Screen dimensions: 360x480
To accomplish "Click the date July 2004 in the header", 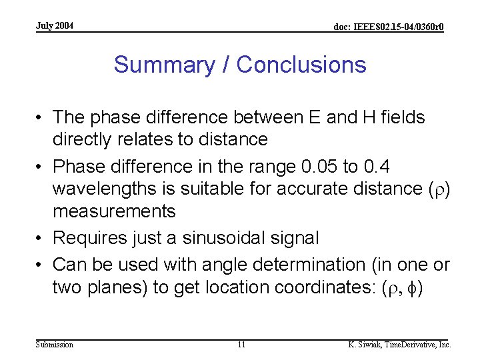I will (x=55, y=26).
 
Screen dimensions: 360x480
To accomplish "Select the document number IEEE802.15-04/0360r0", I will (x=389, y=27).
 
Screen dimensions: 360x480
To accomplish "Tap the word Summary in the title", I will (x=161, y=65).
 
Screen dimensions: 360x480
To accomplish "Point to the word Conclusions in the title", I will (x=301, y=65).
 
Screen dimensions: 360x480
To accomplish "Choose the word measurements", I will (x=114, y=211).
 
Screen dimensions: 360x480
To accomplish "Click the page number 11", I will (x=241, y=345).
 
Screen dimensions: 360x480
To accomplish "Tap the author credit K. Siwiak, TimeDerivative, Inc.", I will (x=399, y=345).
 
